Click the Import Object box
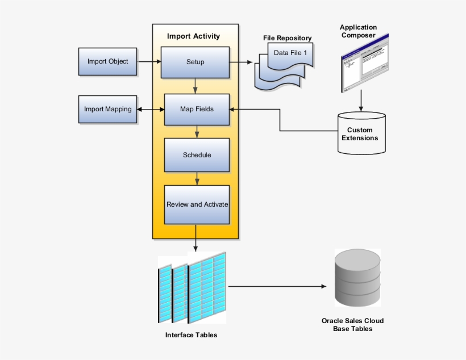107,61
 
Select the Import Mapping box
107,109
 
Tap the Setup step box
195,62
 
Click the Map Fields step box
197,109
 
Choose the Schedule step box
197,155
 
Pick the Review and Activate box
197,204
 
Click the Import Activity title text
193,36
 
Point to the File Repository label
287,38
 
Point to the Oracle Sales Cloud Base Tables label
352,325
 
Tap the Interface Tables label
191,335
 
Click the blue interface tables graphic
193,287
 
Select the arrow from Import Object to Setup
148,61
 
